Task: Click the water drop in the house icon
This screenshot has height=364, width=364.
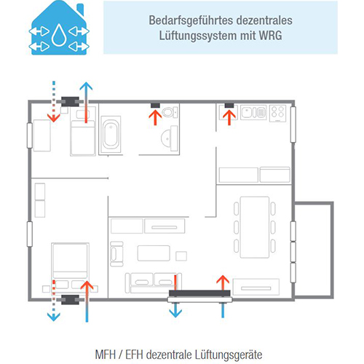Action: (x=59, y=35)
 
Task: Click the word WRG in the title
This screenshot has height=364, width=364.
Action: (x=270, y=36)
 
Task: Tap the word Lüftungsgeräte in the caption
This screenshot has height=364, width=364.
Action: (x=229, y=355)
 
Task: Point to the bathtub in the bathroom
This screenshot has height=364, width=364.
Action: (x=111, y=135)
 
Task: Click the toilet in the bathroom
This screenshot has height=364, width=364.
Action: (x=170, y=112)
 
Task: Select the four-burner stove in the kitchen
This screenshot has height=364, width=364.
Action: (x=278, y=114)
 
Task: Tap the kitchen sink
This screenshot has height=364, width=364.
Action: (x=253, y=113)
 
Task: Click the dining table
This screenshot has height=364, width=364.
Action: (x=255, y=227)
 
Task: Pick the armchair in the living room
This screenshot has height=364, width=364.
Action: (x=116, y=254)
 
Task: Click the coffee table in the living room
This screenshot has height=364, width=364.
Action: (x=154, y=253)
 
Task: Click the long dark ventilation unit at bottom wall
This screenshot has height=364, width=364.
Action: (x=199, y=293)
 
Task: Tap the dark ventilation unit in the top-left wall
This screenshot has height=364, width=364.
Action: (x=70, y=102)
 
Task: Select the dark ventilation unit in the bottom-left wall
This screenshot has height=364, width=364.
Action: (x=70, y=300)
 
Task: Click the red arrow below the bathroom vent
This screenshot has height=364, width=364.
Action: (x=155, y=117)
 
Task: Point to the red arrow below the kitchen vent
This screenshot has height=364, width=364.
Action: (x=229, y=117)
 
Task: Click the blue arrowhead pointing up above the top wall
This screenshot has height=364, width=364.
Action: (x=86, y=87)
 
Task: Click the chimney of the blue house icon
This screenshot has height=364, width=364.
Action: (x=80, y=9)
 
